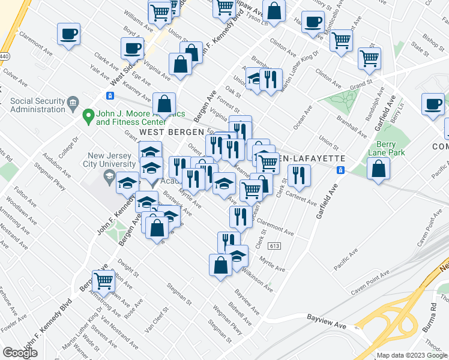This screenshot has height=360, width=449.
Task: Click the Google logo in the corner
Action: (20, 353)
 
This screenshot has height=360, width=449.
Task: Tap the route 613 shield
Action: (276, 247)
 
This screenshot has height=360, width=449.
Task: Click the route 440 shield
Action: (4, 55)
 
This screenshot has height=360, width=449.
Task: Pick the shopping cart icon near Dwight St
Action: (104, 280)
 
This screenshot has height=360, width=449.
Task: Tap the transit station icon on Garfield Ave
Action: (340, 170)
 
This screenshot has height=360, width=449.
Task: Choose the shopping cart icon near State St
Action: (369, 59)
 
